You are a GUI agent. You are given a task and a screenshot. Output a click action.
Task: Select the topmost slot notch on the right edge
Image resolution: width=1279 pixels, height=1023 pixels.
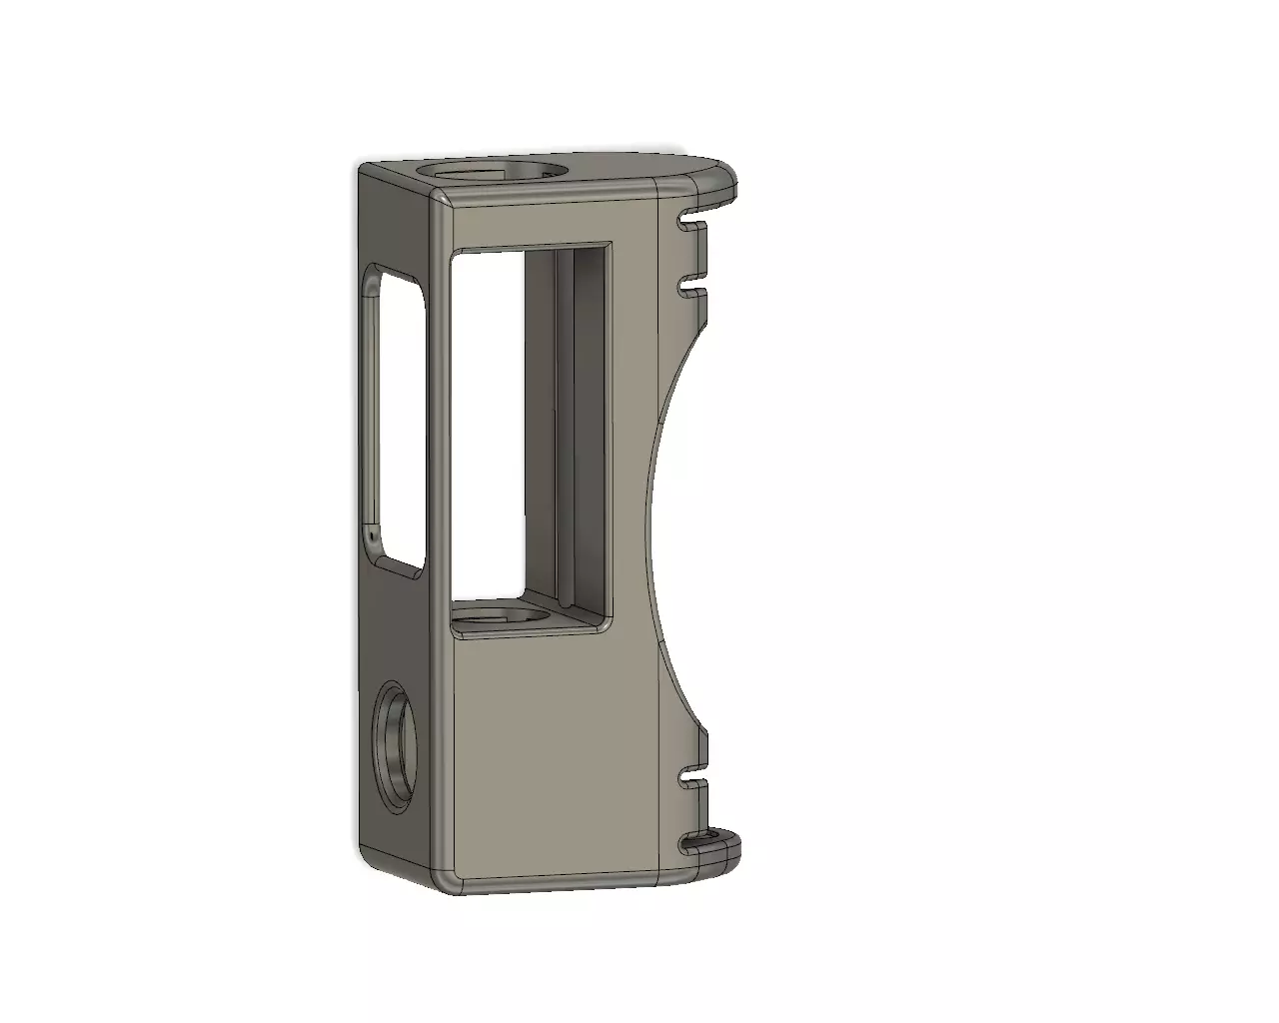[x=690, y=218]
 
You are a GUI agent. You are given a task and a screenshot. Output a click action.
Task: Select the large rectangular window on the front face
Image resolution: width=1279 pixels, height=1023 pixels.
[x=530, y=430]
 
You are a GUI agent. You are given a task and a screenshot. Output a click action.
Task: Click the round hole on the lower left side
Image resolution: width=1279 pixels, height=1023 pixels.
[x=397, y=744]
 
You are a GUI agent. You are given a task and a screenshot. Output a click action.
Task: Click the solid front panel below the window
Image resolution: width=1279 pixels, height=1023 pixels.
[x=550, y=759]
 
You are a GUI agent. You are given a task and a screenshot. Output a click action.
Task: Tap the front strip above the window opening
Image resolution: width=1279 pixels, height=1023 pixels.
[x=550, y=225]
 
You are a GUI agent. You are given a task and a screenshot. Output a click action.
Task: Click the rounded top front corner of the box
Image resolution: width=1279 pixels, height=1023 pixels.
[x=441, y=206]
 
